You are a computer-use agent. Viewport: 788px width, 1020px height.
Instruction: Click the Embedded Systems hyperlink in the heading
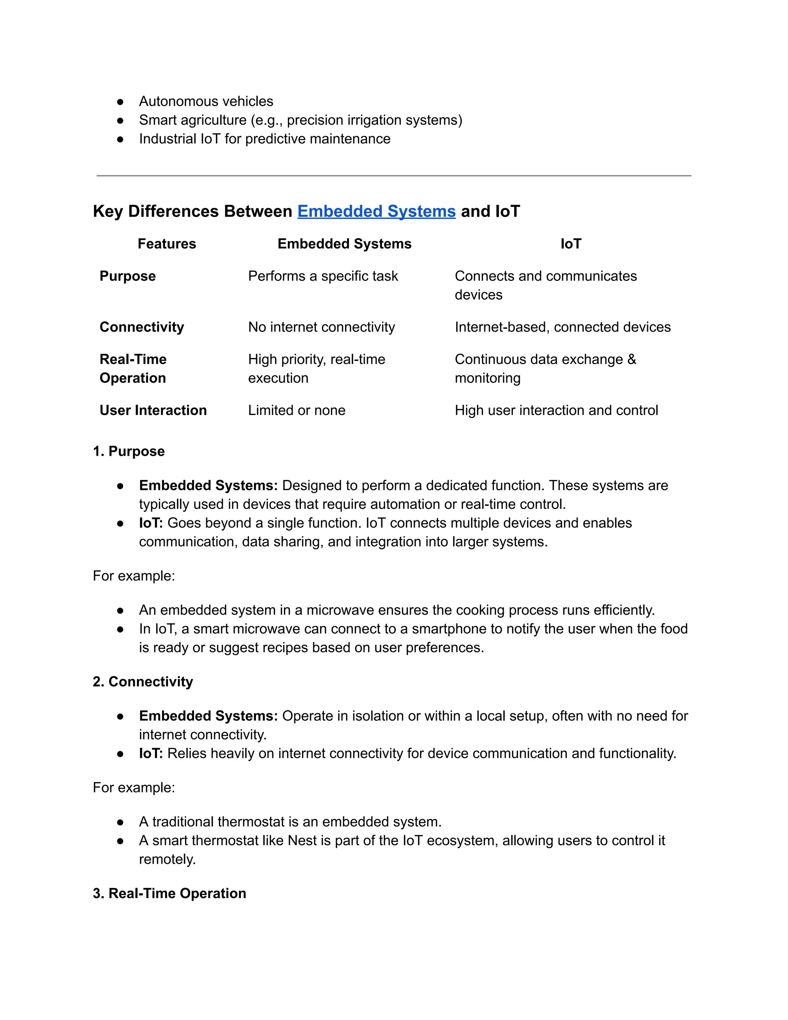click(x=376, y=212)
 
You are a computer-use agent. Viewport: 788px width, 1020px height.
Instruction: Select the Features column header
click(x=167, y=244)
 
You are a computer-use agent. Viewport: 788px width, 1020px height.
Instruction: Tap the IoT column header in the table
click(x=571, y=244)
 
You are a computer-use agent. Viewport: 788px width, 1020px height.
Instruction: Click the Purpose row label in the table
click(x=127, y=276)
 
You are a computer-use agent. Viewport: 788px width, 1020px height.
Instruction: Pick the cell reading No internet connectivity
click(x=321, y=327)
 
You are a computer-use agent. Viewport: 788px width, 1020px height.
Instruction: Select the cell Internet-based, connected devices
click(x=563, y=327)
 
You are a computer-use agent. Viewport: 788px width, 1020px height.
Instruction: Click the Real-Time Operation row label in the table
click(x=133, y=368)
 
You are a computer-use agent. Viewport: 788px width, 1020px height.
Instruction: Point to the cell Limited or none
click(x=296, y=410)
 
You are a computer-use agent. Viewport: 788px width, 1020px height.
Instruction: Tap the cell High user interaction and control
click(x=556, y=410)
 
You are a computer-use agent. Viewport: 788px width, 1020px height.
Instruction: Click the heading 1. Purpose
click(x=129, y=451)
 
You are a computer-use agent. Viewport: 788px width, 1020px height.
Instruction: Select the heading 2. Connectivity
click(x=143, y=681)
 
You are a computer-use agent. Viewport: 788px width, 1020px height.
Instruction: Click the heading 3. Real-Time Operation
click(x=169, y=893)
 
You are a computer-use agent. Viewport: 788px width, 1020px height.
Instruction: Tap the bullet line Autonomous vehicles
click(x=206, y=101)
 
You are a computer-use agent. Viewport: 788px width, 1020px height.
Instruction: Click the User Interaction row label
click(x=153, y=410)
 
